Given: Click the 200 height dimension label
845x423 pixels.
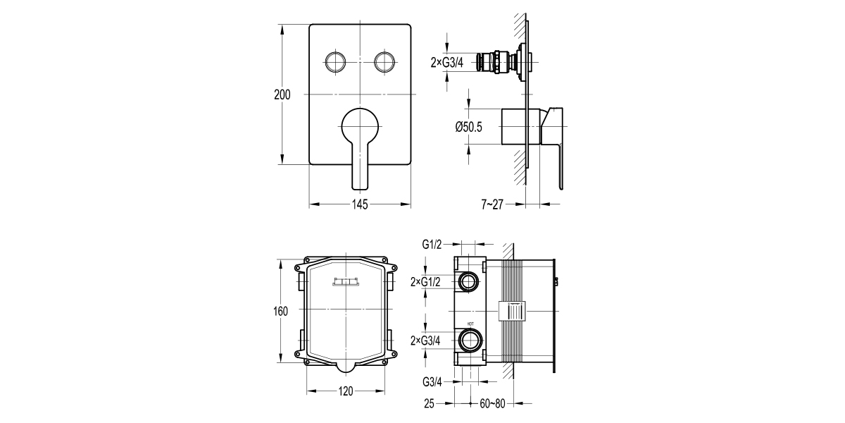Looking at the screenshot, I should pyautogui.click(x=282, y=96).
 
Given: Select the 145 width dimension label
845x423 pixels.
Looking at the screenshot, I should pyautogui.click(x=360, y=204).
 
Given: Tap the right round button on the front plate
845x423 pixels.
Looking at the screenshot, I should pyautogui.click(x=385, y=61).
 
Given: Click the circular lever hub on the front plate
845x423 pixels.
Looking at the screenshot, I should pyautogui.click(x=360, y=127).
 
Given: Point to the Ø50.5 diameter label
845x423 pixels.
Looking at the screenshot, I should pyautogui.click(x=468, y=127).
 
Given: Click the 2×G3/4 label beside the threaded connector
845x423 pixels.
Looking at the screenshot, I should pyautogui.click(x=446, y=63).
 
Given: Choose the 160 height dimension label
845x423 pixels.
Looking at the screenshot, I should pyautogui.click(x=282, y=311).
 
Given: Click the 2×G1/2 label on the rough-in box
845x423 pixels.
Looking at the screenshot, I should pyautogui.click(x=426, y=283).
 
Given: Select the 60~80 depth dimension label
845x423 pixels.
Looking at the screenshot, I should pyautogui.click(x=494, y=404).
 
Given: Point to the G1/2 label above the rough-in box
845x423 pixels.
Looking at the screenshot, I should pyautogui.click(x=432, y=245).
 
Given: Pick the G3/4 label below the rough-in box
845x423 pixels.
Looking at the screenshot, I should pyautogui.click(x=432, y=383).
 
